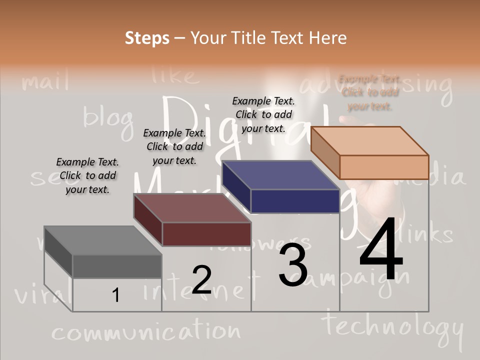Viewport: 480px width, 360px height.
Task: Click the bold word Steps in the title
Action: [x=147, y=38]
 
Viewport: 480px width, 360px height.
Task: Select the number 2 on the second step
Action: [x=201, y=279]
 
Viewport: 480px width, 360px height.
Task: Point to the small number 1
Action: [x=116, y=295]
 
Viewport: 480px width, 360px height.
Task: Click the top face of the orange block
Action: [x=369, y=140]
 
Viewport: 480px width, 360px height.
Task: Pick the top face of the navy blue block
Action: [x=280, y=175]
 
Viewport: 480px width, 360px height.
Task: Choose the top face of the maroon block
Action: [x=192, y=208]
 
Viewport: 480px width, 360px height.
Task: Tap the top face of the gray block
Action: [x=103, y=240]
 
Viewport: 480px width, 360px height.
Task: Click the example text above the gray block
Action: [x=87, y=175]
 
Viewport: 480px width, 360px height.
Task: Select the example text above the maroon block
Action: [x=174, y=146]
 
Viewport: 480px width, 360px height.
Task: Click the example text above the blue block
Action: [x=263, y=114]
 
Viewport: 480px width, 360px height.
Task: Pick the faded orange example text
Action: [x=370, y=92]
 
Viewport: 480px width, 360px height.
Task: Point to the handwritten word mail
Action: [x=45, y=81]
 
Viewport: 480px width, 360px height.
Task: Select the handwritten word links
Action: [x=428, y=234]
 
